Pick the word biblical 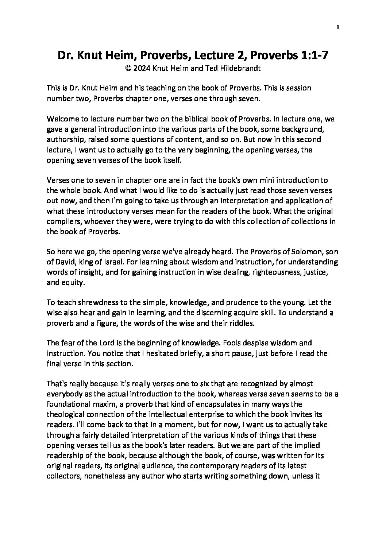(198, 119)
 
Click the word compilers (61, 221)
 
